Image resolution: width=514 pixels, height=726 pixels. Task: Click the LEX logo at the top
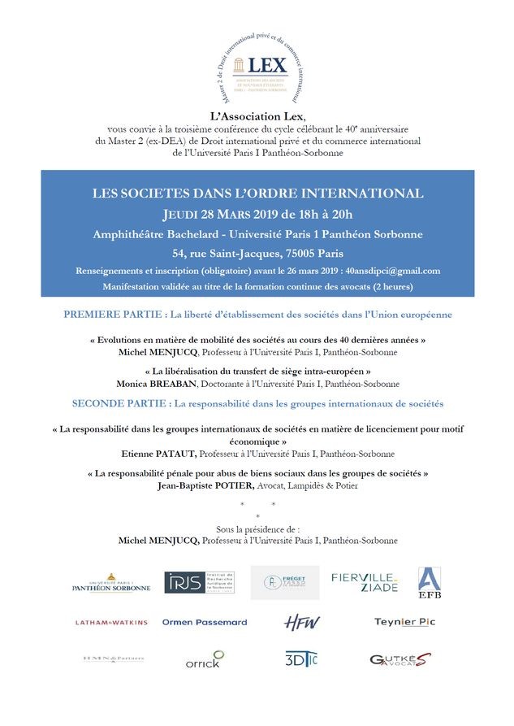click(257, 66)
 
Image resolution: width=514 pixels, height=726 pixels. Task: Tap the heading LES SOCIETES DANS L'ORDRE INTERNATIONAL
click(257, 193)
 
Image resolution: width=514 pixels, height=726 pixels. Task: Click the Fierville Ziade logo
click(365, 582)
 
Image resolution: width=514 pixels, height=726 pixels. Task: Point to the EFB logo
click(430, 583)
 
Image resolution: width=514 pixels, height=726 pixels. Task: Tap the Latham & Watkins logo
click(112, 622)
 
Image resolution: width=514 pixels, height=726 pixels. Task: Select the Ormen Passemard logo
click(205, 622)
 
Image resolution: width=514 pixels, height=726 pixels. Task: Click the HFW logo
click(301, 622)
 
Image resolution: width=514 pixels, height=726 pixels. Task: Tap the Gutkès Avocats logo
click(400, 660)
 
